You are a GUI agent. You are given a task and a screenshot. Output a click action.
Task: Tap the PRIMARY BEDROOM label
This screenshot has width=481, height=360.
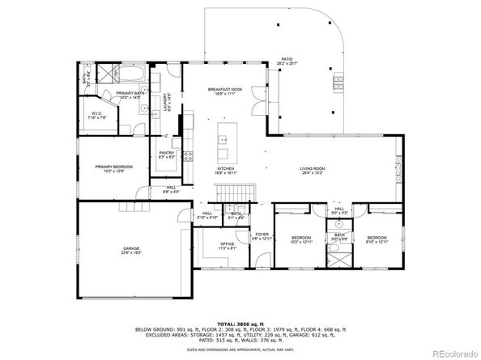point(114,167)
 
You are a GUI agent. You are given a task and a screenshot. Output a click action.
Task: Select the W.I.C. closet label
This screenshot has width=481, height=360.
point(96,115)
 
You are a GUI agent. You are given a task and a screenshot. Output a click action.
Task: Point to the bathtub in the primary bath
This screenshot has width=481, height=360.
point(131,78)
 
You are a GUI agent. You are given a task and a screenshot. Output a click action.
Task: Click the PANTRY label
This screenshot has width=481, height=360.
point(168,154)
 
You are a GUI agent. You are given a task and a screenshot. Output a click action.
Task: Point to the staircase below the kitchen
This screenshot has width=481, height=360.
point(235,193)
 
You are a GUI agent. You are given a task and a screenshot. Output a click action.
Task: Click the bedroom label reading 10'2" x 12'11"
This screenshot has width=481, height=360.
point(301,239)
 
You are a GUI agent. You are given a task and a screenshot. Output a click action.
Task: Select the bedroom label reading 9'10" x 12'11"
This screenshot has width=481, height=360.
point(377,239)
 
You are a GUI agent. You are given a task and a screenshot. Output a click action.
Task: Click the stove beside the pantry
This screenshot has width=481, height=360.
point(187,156)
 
